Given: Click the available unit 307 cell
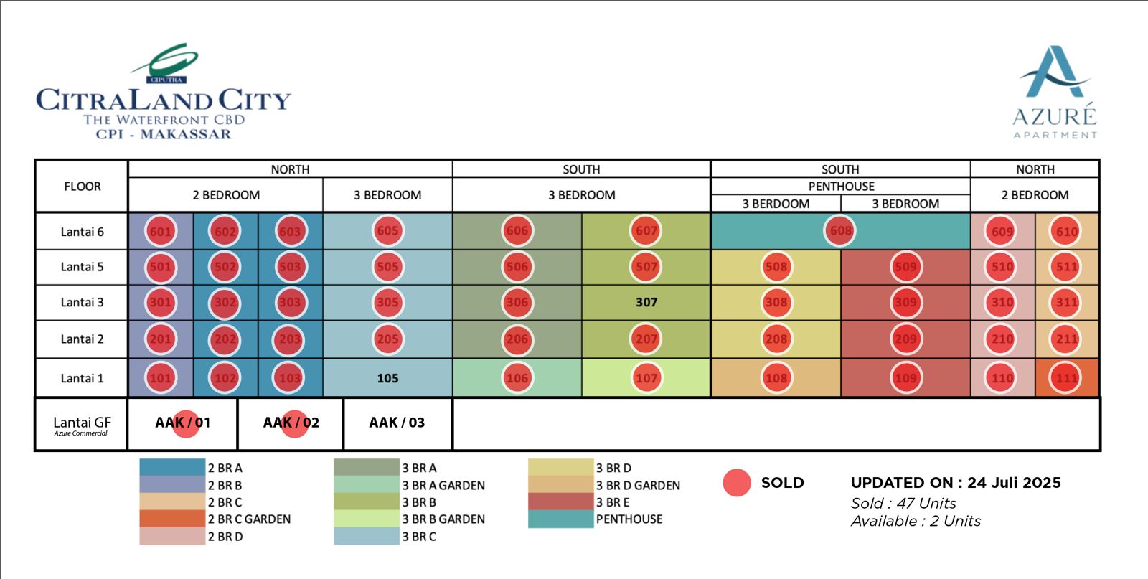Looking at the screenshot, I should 646,303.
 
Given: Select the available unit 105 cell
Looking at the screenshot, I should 387,378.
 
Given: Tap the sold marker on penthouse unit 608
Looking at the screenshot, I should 840,231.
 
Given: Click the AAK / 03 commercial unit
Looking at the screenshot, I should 397,423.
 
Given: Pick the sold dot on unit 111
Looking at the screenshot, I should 1067,378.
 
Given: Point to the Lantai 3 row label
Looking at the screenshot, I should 82,303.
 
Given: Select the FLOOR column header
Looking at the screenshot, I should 82,187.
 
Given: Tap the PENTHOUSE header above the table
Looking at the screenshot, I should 841,187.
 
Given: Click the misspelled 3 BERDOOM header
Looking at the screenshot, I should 776,204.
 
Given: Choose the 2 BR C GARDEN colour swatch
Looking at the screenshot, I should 172,519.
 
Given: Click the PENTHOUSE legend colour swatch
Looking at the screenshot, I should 560,519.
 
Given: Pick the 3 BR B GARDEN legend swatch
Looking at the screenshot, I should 366,519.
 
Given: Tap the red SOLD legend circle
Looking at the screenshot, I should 737,483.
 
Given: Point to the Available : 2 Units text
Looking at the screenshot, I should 916,522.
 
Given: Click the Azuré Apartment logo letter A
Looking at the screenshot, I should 1054,72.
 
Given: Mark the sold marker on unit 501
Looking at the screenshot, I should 160,267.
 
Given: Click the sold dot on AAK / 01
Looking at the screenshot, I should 185,423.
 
